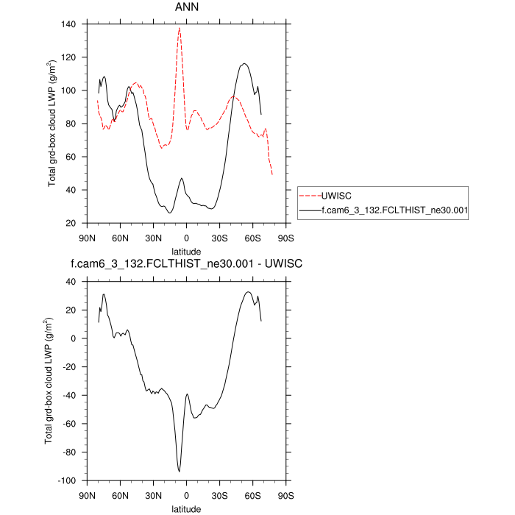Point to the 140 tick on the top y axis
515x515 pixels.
coord(70,24)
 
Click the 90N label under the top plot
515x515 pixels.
coord(87,238)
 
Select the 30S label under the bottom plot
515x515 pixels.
coord(220,495)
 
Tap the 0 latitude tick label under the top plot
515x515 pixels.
coord(187,238)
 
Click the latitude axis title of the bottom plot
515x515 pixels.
coord(186,508)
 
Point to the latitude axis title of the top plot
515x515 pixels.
coord(186,252)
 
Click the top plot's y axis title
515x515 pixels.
coord(52,124)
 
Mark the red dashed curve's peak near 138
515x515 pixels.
coord(180,28)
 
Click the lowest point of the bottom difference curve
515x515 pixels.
coord(179,472)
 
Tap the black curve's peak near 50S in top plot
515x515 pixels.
coord(244,63)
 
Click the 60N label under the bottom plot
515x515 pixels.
coord(120,495)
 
